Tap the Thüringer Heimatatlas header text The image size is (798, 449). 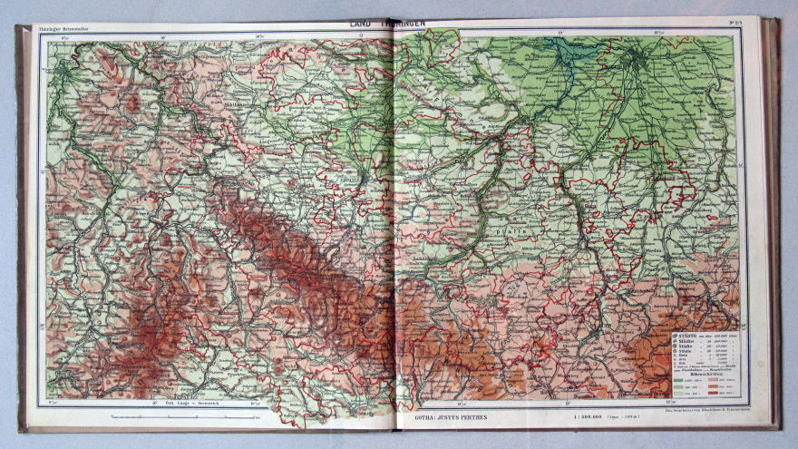click(68, 29)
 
